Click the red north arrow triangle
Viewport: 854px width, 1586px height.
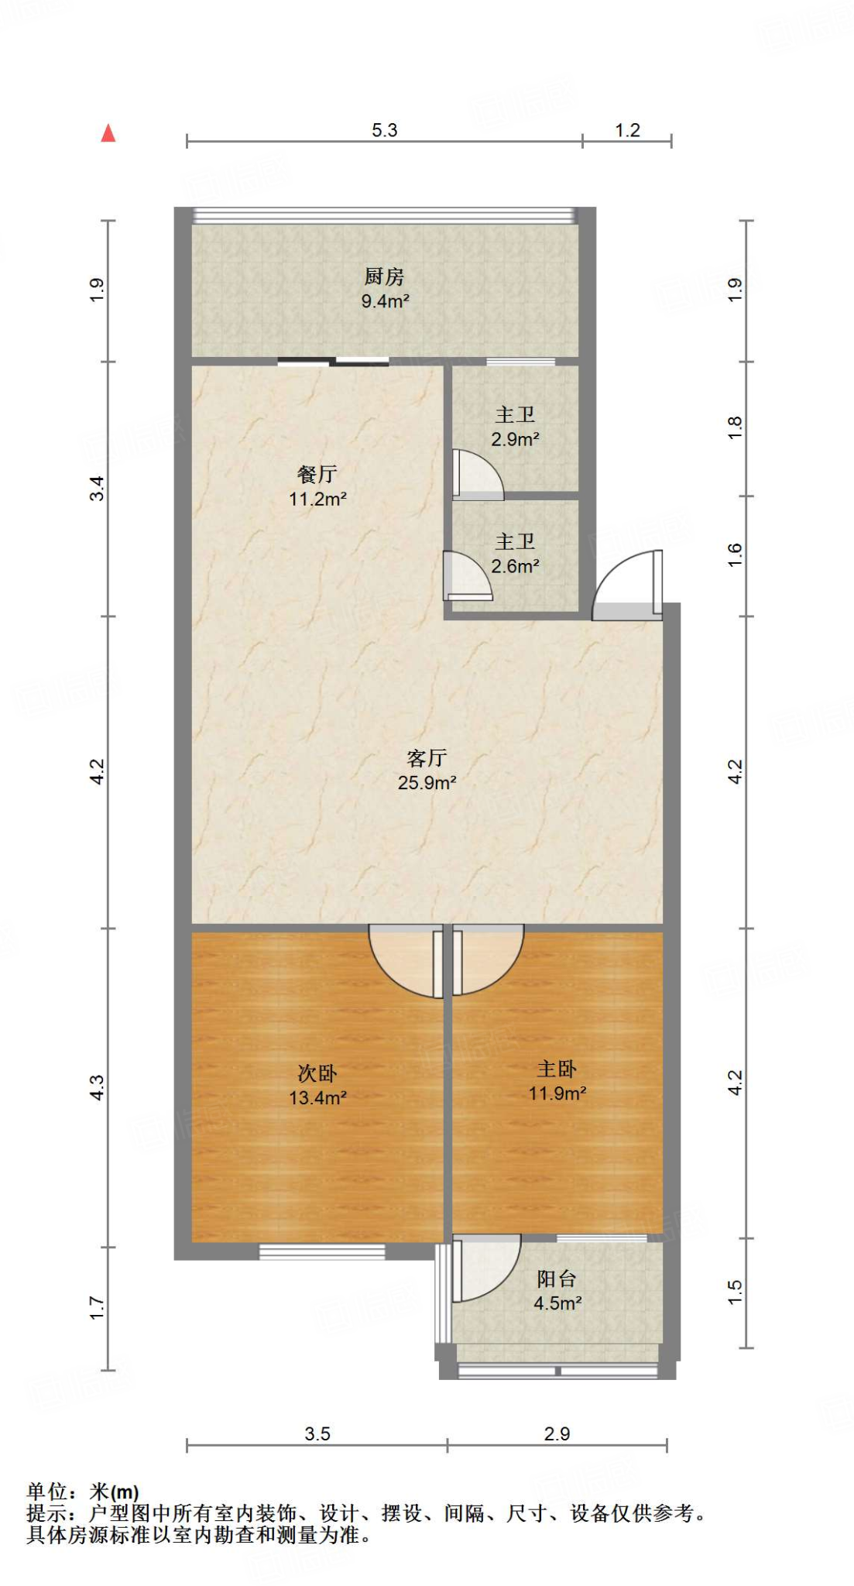pyautogui.click(x=108, y=134)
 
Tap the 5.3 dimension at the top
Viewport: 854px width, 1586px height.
pyautogui.click(x=384, y=130)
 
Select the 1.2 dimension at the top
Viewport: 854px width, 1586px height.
pyautogui.click(x=627, y=130)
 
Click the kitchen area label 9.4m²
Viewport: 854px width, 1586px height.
pyautogui.click(x=385, y=301)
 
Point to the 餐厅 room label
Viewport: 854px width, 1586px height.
pyautogui.click(x=317, y=474)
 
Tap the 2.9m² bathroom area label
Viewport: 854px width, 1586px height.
pyautogui.click(x=515, y=439)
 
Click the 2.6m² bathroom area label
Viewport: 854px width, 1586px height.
pyautogui.click(x=515, y=566)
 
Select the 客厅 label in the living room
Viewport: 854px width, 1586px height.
pyautogui.click(x=427, y=757)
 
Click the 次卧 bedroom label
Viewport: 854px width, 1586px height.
pyautogui.click(x=317, y=1073)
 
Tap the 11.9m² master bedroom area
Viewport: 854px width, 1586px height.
pyautogui.click(x=557, y=1093)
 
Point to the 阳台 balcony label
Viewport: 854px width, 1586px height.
pyautogui.click(x=557, y=1279)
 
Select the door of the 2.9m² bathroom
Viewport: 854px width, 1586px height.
pyautogui.click(x=475, y=475)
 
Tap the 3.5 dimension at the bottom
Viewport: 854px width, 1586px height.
pyautogui.click(x=317, y=1433)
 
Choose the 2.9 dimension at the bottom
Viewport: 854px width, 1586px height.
pyautogui.click(x=557, y=1433)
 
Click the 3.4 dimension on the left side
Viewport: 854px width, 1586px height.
pyautogui.click(x=97, y=489)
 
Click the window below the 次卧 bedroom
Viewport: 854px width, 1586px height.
pyautogui.click(x=321, y=1251)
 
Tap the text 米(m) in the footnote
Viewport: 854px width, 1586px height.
pyautogui.click(x=114, y=1492)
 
